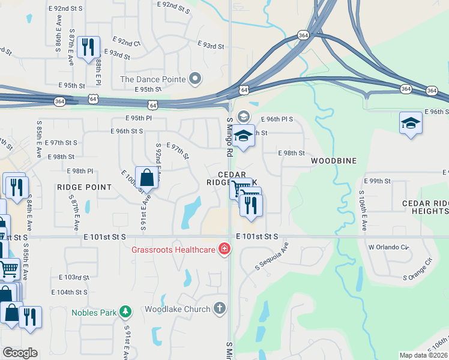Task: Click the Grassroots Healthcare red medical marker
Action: (224, 248)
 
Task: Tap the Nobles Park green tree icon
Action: (125, 312)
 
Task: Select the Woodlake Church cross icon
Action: (220, 309)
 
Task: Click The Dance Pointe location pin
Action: (194, 79)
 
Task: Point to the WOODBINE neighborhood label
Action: (333, 161)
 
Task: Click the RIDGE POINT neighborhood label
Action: (84, 187)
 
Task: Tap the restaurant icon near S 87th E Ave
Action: (89, 46)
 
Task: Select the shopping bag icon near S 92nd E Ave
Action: (146, 177)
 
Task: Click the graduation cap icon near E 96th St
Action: (411, 124)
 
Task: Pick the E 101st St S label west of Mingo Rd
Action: (104, 237)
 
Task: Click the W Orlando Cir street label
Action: (388, 247)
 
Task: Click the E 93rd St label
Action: (210, 45)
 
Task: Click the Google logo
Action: (20, 352)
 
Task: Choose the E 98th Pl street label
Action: (80, 171)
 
